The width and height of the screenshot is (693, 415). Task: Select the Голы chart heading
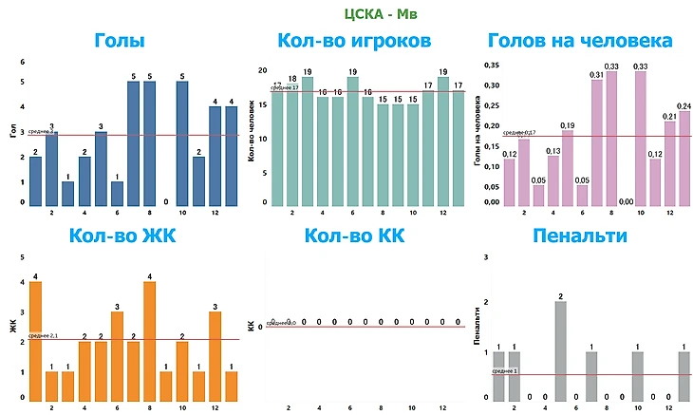tap(120, 41)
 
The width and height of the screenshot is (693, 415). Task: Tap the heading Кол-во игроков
tap(354, 41)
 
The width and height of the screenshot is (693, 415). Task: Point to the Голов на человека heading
tap(580, 41)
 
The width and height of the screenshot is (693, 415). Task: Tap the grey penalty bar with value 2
tap(561, 349)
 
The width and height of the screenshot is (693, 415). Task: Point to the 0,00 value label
tap(626, 201)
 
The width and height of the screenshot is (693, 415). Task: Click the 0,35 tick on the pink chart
tap(491, 65)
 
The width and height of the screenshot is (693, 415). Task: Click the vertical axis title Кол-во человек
tap(253, 138)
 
